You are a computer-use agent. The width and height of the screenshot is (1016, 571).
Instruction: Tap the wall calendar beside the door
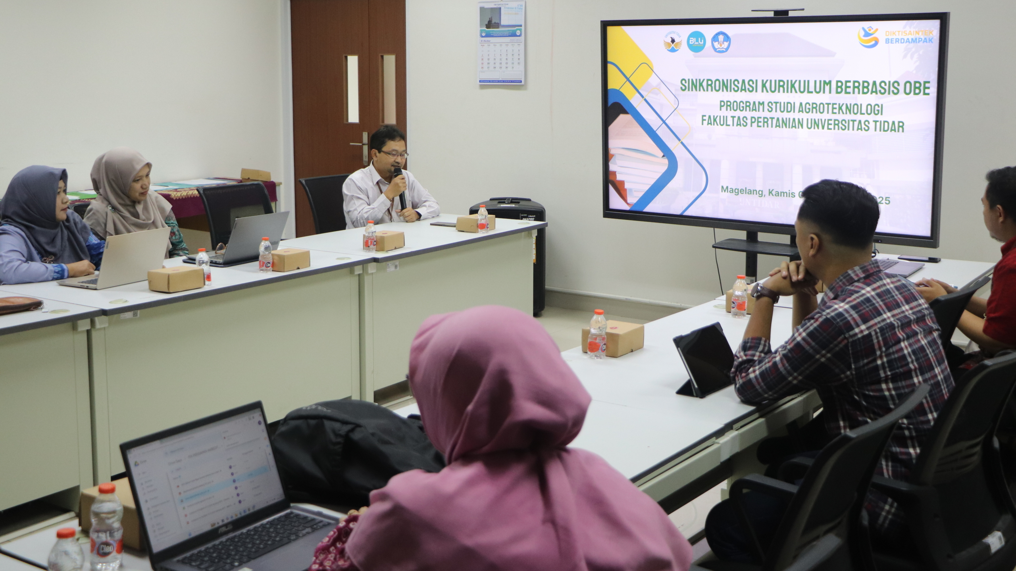(501, 42)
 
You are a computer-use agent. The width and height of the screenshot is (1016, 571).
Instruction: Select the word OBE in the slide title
(914, 88)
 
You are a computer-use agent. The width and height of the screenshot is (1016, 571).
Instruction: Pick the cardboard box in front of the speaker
(475, 223)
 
